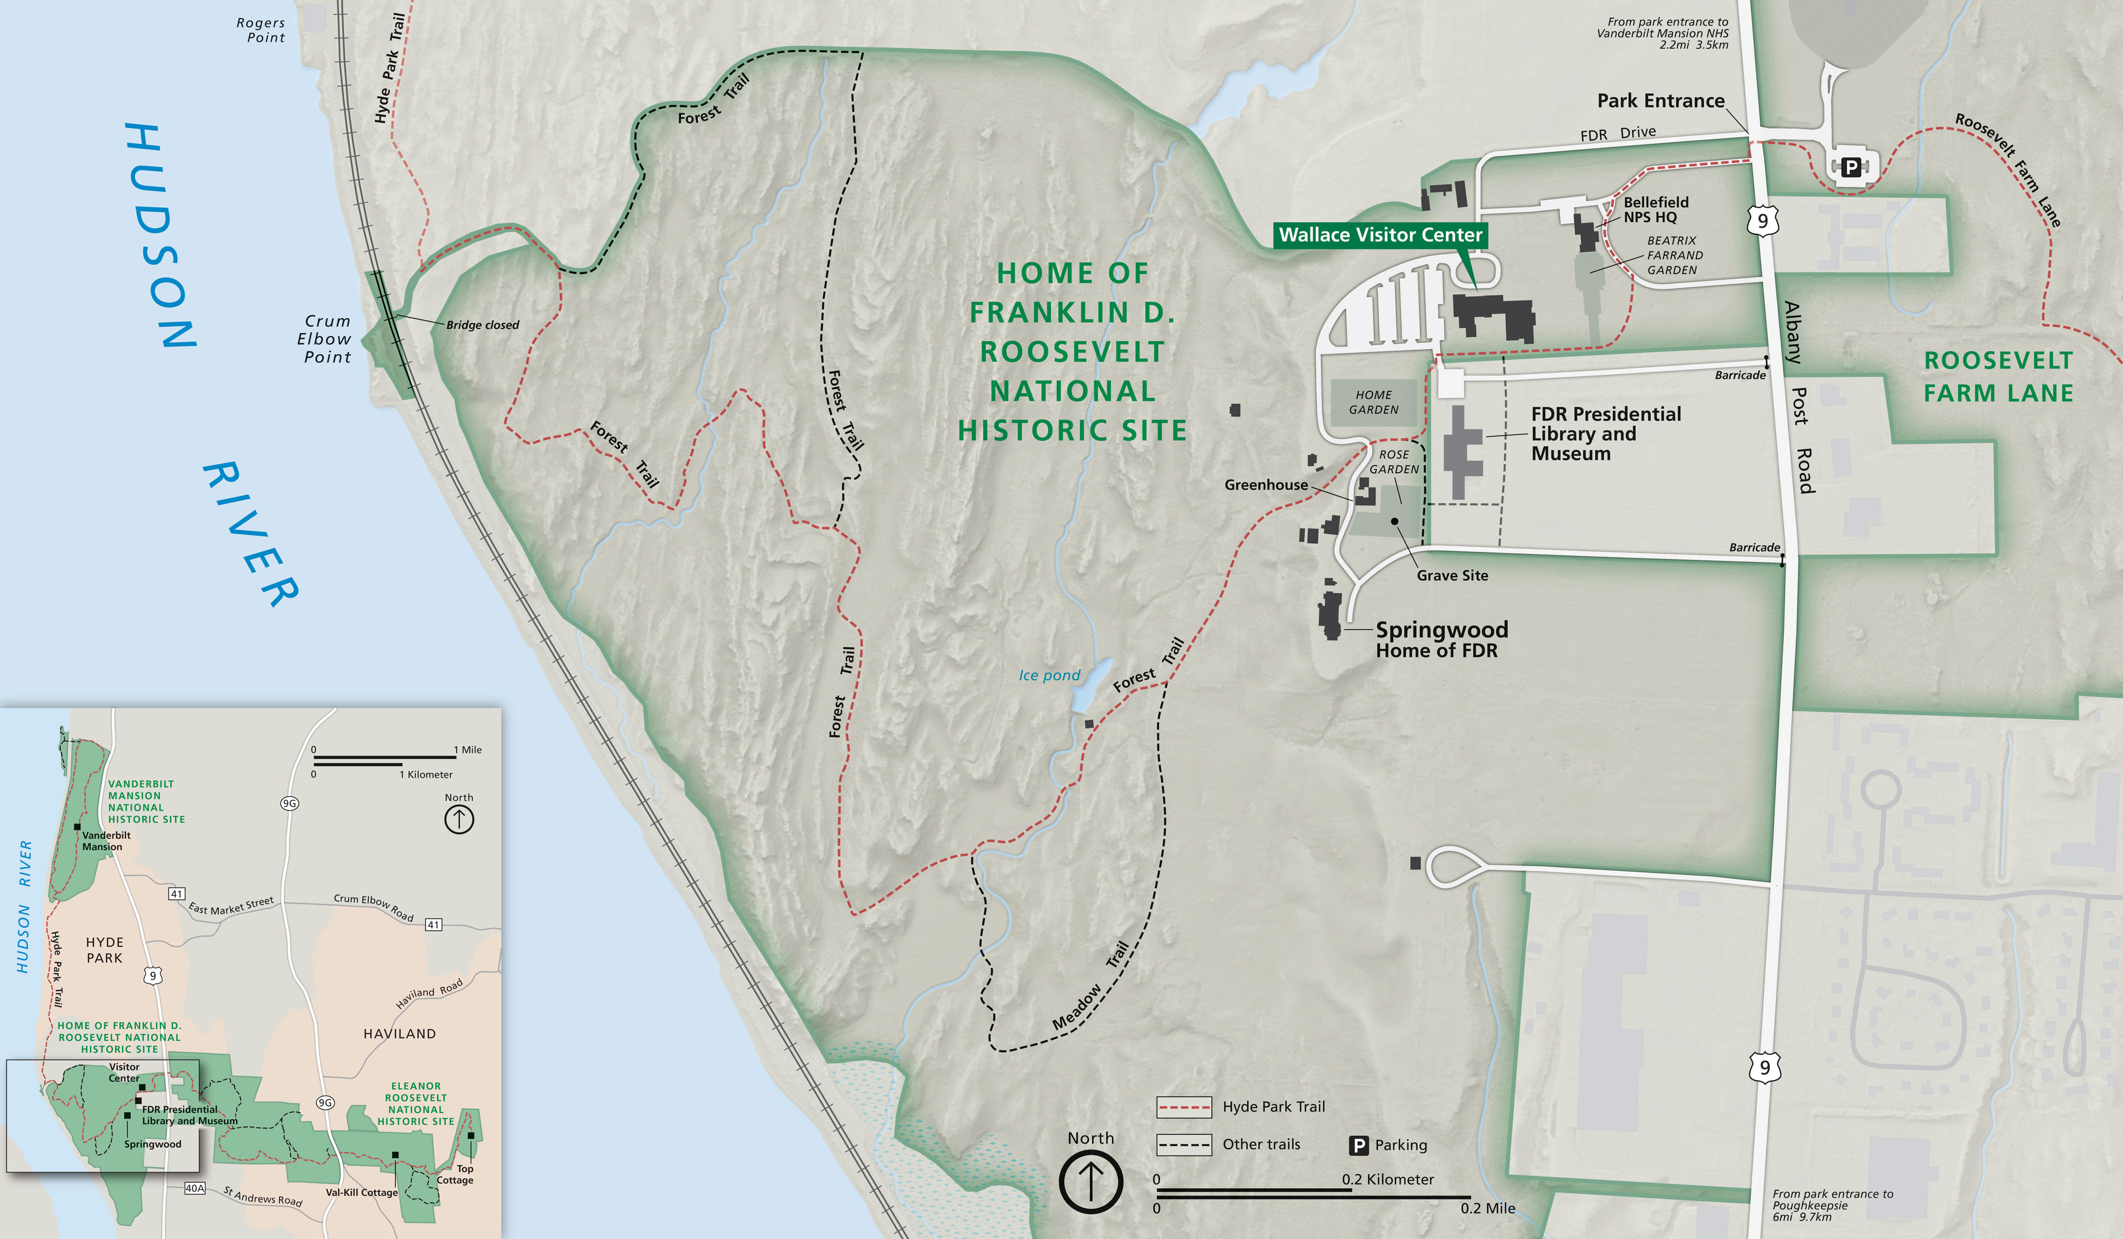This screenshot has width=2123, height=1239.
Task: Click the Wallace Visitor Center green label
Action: point(1380,235)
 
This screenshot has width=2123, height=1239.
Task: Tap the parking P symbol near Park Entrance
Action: point(1851,167)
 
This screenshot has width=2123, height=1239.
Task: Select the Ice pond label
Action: point(1049,675)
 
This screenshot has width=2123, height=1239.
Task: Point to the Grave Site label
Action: point(1452,576)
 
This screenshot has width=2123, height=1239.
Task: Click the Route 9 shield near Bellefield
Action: point(1763,221)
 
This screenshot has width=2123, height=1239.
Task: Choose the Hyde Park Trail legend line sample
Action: point(1184,1107)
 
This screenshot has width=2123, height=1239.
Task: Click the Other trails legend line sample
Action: point(1184,1144)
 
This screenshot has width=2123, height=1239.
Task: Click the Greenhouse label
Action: point(1265,485)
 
